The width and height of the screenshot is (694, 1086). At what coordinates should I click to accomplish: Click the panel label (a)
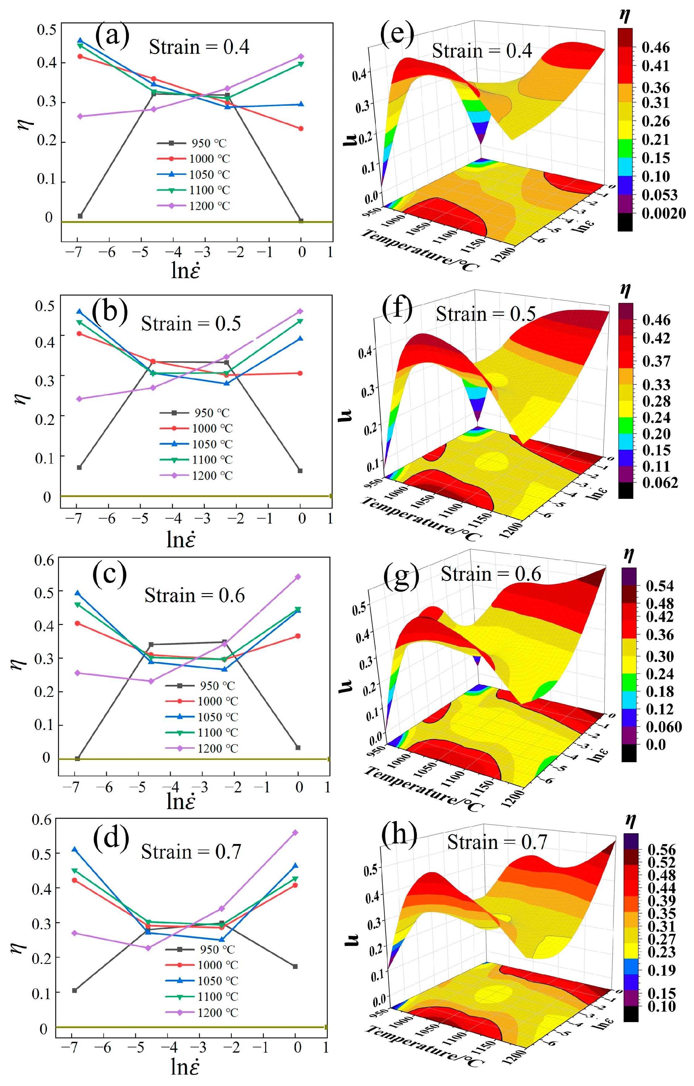(112, 36)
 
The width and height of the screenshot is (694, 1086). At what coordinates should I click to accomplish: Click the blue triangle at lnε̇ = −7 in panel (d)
(74, 850)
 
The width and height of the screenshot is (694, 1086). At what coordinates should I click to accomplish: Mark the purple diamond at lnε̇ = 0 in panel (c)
(298, 576)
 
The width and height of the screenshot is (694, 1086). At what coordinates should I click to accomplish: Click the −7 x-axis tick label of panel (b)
(74, 518)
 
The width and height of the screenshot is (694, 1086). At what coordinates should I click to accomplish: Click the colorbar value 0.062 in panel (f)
(660, 482)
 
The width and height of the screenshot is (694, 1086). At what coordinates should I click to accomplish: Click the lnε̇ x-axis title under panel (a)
(186, 270)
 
